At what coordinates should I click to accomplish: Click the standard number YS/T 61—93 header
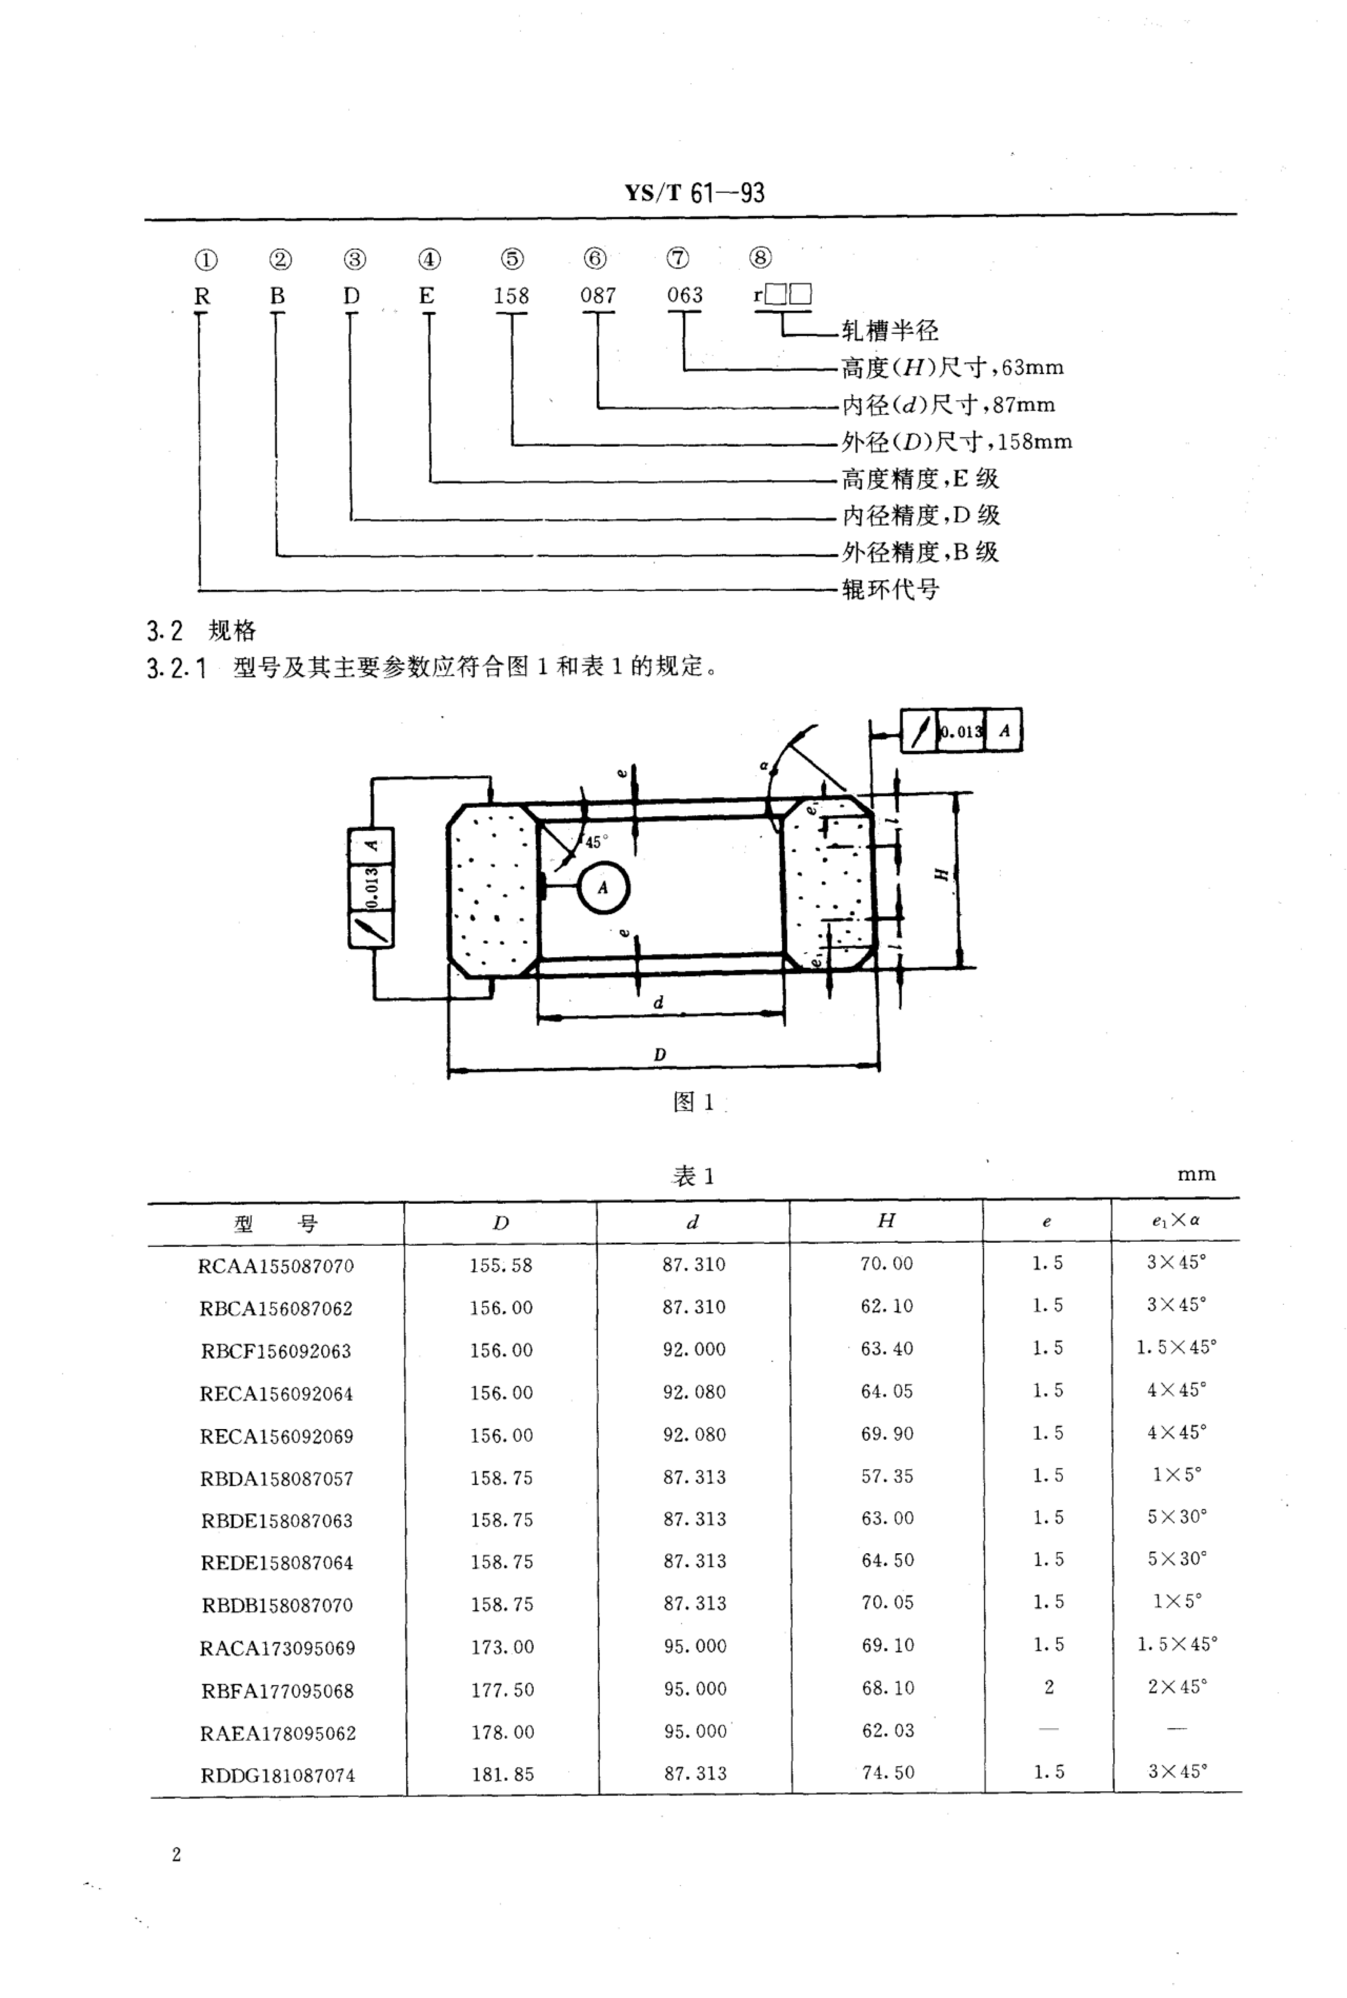pos(694,192)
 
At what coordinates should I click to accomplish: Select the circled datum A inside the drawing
pos(603,888)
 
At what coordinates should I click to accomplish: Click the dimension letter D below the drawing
pos(660,1055)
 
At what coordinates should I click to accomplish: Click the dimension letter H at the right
pos(942,874)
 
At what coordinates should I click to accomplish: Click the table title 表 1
pos(693,1176)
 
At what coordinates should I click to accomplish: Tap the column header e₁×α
pos(1176,1221)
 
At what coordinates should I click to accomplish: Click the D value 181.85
pos(503,1775)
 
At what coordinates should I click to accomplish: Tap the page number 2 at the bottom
pos(176,1855)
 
